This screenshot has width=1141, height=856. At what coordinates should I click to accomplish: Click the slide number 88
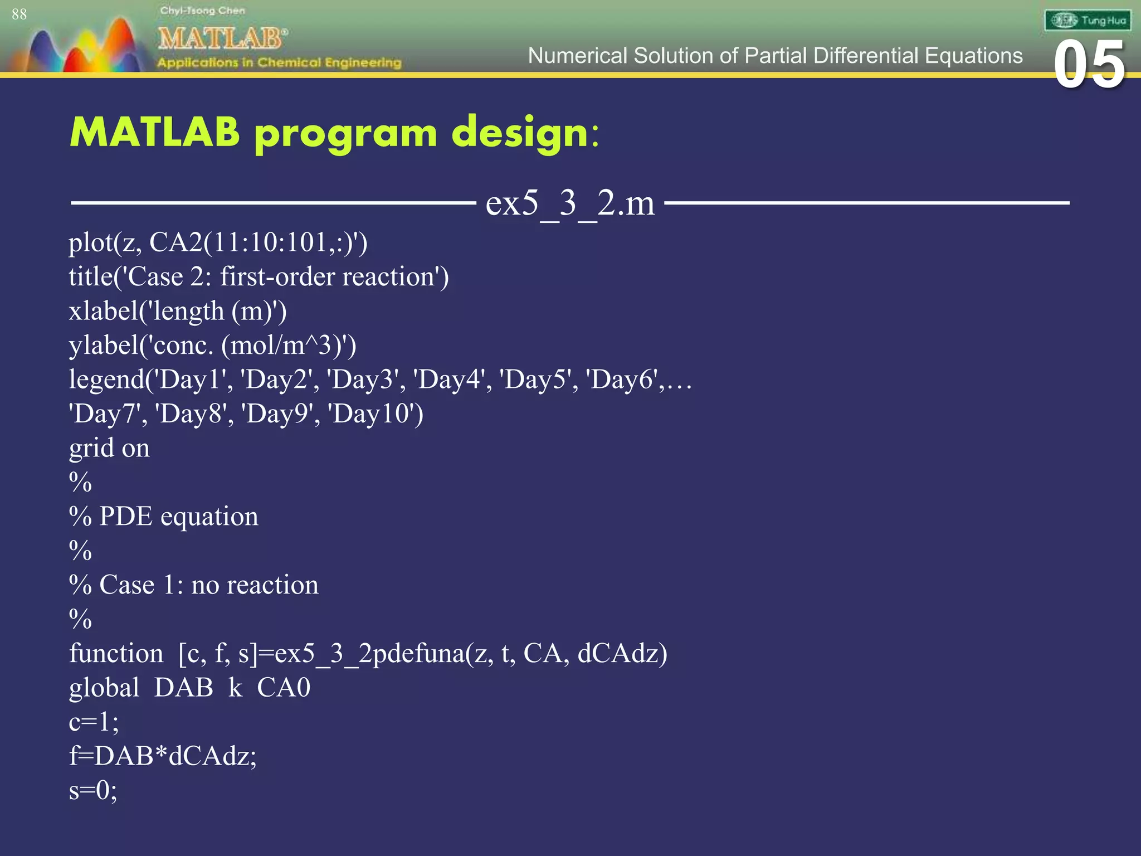pos(19,14)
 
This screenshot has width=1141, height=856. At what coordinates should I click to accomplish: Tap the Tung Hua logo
pos(1087,21)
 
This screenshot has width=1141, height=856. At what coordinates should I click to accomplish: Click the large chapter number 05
pos(1089,65)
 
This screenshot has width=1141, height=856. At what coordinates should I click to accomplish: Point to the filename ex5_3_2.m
pos(570,203)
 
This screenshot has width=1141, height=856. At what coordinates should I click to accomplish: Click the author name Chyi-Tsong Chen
pos(202,11)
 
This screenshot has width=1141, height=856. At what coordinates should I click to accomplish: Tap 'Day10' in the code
pos(374,414)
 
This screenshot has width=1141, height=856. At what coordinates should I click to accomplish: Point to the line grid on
pos(109,449)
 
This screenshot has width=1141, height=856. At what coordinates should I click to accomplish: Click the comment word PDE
pos(125,517)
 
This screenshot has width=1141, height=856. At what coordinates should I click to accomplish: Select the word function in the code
pos(116,654)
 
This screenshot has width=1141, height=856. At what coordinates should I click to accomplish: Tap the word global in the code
pos(104,688)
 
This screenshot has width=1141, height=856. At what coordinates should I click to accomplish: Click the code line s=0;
pos(93,791)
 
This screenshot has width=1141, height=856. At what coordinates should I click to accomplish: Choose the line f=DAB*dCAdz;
pos(163,756)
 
